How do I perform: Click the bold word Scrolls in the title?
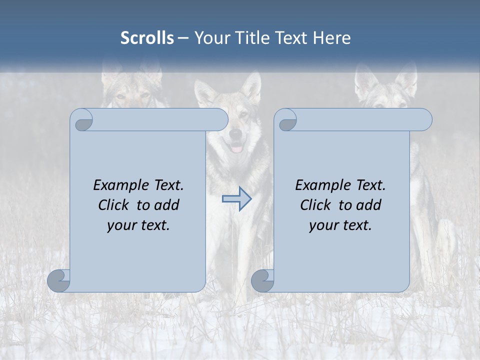coord(147,38)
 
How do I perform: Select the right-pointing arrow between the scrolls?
coord(237,199)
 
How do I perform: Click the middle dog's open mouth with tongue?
coord(236,147)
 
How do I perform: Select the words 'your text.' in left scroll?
coord(138,225)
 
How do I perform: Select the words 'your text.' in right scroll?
coord(340,225)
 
